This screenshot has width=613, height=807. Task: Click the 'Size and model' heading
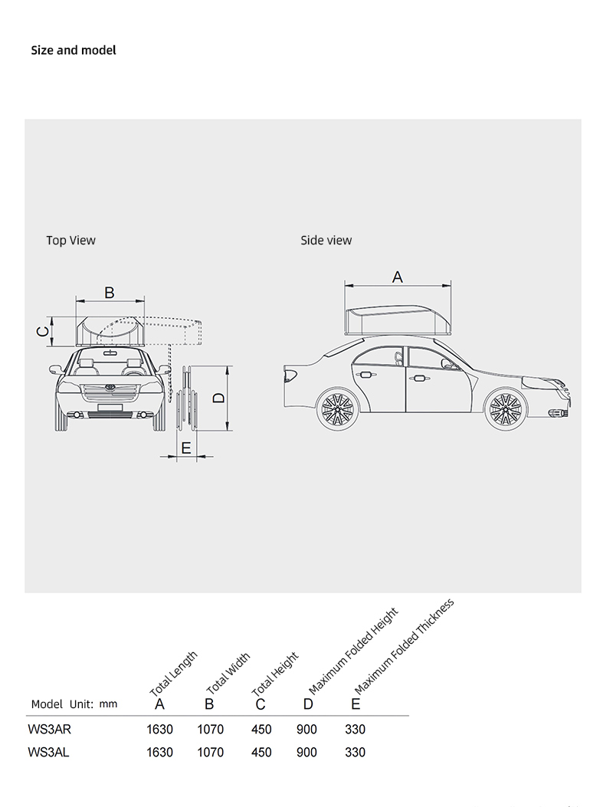point(74,51)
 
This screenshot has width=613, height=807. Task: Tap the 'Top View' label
point(71,241)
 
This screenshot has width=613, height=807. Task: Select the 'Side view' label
point(326,241)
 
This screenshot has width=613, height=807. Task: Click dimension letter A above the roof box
point(398,277)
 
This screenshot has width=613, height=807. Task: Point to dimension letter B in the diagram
point(109,292)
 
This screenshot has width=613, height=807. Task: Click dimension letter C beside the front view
point(43,331)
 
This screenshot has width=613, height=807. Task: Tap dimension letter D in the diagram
point(218,398)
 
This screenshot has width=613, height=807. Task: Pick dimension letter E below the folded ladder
point(186,448)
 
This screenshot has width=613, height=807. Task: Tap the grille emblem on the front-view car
point(109,387)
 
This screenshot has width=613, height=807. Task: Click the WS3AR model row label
point(49,730)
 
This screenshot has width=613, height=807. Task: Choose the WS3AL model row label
point(48,752)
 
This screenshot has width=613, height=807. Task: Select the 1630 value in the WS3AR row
point(159,730)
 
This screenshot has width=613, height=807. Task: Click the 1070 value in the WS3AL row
point(211,752)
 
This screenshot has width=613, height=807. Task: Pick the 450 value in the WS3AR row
point(261,730)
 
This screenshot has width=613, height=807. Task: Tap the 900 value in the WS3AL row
point(306,752)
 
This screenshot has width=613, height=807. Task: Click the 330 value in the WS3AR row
point(355,730)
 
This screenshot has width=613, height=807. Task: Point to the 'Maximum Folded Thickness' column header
point(405,646)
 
